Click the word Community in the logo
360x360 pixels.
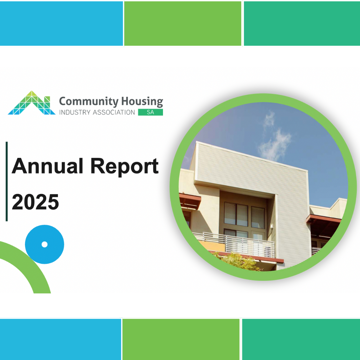pos(89,101)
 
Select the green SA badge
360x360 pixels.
pos(150,112)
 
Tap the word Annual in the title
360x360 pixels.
pos(47,166)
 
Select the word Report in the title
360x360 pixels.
pos(124,167)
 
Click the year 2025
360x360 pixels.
pos(35,202)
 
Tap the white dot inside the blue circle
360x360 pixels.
pos(45,245)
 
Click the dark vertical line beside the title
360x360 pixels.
pos(7,181)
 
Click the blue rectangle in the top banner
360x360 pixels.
pos(61,23)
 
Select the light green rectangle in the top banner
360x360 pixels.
pos(183,23)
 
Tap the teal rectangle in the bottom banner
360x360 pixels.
pos(301,339)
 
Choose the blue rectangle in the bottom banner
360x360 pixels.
pos(60,339)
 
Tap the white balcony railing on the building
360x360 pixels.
pos(234,245)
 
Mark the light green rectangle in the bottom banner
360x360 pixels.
pos(181,339)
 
